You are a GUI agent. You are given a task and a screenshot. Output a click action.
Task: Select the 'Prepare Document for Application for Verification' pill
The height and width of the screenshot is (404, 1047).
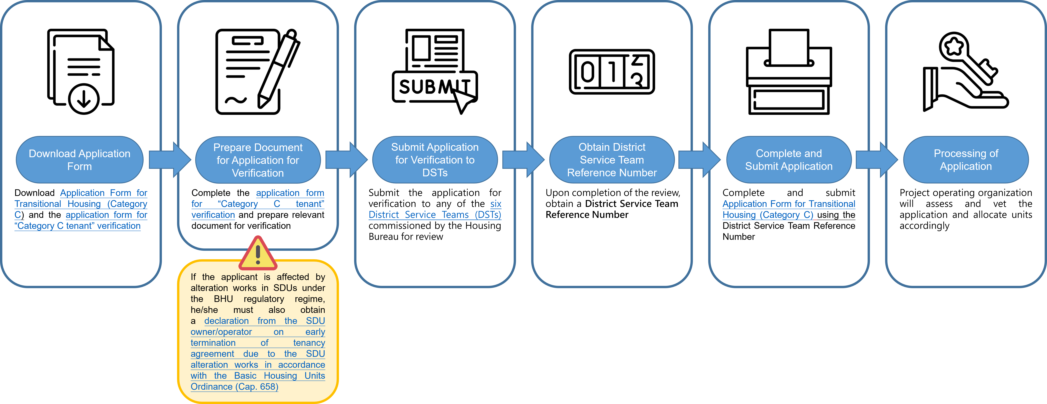[258, 160]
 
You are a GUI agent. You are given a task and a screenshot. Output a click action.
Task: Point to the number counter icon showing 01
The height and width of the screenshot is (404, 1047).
[612, 72]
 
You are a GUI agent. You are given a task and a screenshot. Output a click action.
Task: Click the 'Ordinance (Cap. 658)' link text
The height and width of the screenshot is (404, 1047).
[234, 387]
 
